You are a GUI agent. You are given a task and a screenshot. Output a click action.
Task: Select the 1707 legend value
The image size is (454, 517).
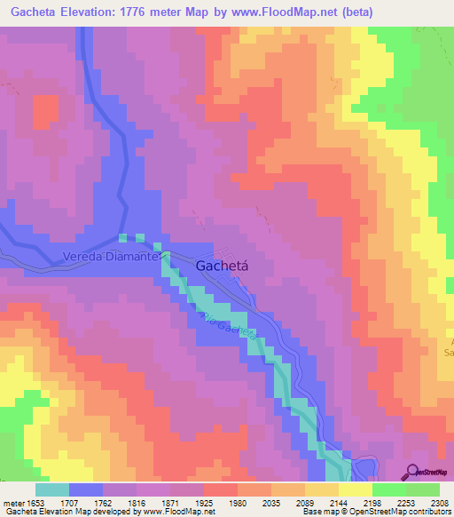pos(86,502)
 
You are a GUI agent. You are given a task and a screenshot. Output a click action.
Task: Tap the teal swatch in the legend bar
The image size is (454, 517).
pos(52,489)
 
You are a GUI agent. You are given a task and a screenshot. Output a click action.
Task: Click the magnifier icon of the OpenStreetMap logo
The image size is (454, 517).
pos(414,471)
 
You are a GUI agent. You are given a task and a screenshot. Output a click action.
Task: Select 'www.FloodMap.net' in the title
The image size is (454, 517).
pos(290,12)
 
